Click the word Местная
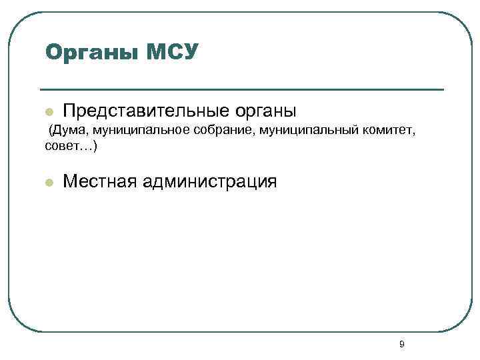[x=99, y=181]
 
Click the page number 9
[x=401, y=344]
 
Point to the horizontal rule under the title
[x=241, y=89]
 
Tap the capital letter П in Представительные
[x=69, y=110]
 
